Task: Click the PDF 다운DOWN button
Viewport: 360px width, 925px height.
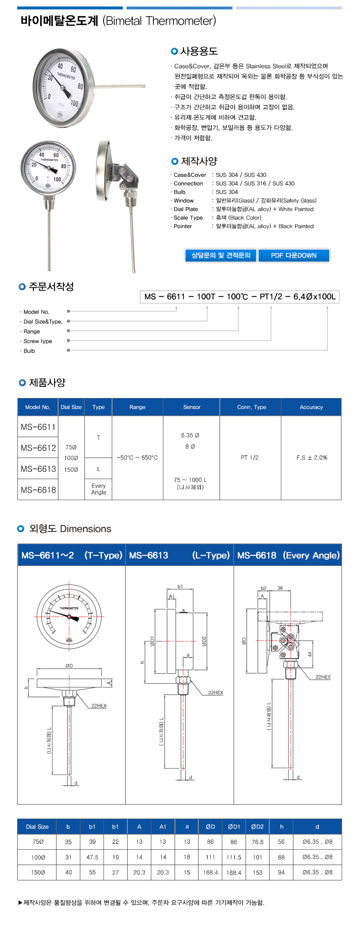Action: tap(294, 255)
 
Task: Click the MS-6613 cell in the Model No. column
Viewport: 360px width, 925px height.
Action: tap(38, 469)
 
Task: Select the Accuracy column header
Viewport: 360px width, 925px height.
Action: tap(311, 407)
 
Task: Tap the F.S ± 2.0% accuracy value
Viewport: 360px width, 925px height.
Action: tap(312, 457)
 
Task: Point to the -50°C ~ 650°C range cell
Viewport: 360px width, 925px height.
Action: tap(137, 457)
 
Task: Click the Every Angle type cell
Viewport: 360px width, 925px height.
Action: tap(98, 489)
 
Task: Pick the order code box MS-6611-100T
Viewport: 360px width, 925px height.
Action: tap(239, 297)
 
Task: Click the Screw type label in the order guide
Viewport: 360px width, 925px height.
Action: tap(38, 341)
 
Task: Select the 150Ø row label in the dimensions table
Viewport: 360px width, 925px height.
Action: tap(38, 872)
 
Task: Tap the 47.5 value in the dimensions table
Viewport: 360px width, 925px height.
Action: tap(92, 857)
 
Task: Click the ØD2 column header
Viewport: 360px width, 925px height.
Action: tap(257, 827)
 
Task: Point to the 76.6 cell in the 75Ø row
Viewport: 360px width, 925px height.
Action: tap(257, 842)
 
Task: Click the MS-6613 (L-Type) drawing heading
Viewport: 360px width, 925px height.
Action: tap(179, 555)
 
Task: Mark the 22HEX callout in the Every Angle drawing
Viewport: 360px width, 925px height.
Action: tap(323, 677)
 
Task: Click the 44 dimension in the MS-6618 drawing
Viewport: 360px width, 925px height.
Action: tap(310, 654)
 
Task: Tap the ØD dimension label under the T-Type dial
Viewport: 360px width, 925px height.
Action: tap(69, 666)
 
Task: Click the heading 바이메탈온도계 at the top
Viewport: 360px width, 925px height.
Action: tap(59, 21)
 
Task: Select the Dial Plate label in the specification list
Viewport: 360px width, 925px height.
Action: tap(186, 209)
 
